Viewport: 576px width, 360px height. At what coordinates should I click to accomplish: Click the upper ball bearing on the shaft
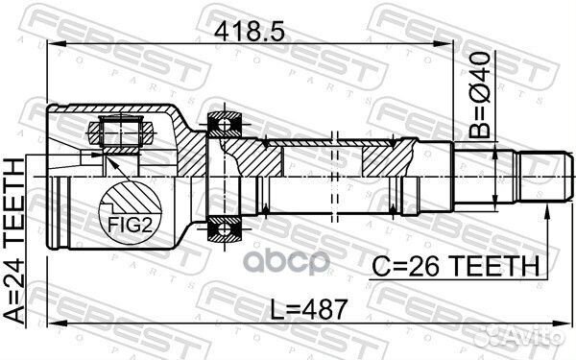point(227,123)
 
